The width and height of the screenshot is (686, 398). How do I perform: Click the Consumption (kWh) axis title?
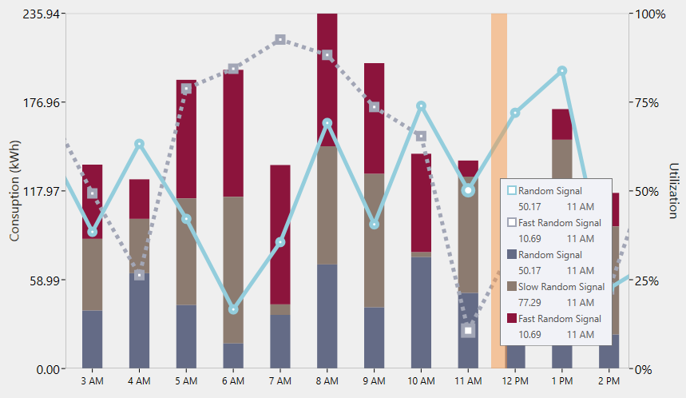click(14, 192)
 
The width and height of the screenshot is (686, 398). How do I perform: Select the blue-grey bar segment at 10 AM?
click(421, 312)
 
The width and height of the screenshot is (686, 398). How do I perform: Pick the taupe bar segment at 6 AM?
click(233, 269)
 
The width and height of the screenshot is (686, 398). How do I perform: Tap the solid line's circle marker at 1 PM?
click(562, 71)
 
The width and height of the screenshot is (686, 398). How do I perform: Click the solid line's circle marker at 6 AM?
click(233, 309)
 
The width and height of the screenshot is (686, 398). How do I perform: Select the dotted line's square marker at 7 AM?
click(280, 39)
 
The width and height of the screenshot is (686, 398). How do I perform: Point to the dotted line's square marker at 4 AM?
click(139, 275)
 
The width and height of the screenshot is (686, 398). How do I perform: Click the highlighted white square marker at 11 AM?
click(469, 330)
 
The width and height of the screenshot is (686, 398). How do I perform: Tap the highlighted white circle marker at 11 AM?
click(469, 190)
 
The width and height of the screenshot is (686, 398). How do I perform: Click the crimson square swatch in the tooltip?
click(511, 318)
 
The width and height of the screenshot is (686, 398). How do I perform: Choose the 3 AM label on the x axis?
click(93, 381)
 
